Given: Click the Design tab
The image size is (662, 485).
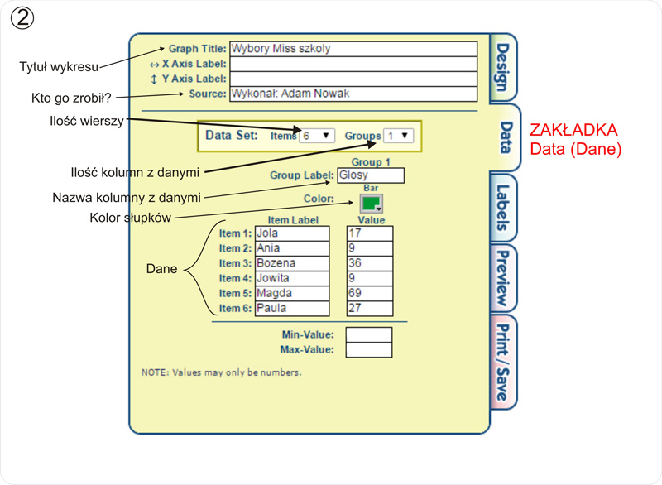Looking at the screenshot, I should tap(502, 68).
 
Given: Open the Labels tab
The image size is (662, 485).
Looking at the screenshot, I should tap(502, 208).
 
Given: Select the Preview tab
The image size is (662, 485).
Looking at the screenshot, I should tap(502, 280).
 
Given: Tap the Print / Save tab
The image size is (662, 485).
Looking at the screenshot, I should tap(502, 362).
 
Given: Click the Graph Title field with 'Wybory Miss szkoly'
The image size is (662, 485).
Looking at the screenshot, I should tap(353, 49).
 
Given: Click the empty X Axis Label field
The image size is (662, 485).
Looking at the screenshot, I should tap(353, 64).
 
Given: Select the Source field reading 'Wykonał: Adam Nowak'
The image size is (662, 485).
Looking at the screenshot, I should tap(353, 94).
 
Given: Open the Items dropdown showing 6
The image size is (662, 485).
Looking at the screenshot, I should tap(316, 136).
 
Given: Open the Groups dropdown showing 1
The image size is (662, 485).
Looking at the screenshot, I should tap(398, 136).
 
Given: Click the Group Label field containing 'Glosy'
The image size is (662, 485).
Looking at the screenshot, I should tap(371, 175).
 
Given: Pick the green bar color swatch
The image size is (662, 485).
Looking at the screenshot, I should tap(371, 204).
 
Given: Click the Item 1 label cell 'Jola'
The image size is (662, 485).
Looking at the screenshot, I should tap(291, 233).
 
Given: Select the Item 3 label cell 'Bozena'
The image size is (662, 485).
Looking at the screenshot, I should tap(291, 263).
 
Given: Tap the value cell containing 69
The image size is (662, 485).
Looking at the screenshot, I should tap(369, 293).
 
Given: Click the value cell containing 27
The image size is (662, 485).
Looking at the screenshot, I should tap(369, 308).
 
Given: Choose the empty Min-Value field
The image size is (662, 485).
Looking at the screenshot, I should tap(368, 334).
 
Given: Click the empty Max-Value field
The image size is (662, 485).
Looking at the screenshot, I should tap(368, 349).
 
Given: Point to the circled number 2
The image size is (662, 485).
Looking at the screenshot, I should tap(22, 18).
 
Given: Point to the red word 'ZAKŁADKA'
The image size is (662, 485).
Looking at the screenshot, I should tap(573, 132).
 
